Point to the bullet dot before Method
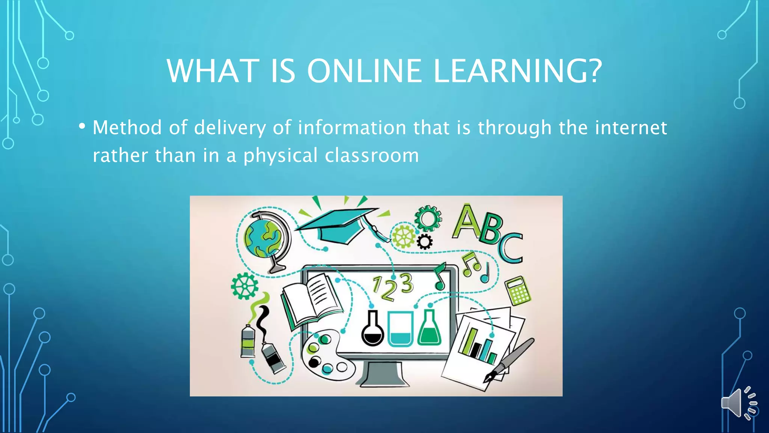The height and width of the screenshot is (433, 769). (82, 126)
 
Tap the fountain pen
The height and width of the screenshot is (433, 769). (511, 359)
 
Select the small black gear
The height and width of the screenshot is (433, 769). (425, 242)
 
